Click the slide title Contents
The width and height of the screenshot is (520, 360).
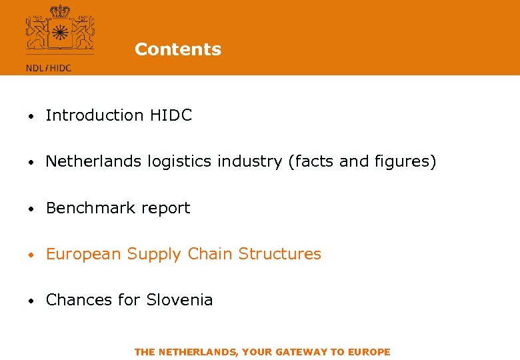(177, 49)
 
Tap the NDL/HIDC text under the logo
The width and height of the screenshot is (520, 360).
(49, 67)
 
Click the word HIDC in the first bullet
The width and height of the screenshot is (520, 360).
(171, 115)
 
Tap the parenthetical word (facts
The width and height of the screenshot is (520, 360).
(309, 161)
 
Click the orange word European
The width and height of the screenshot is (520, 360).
(83, 254)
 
